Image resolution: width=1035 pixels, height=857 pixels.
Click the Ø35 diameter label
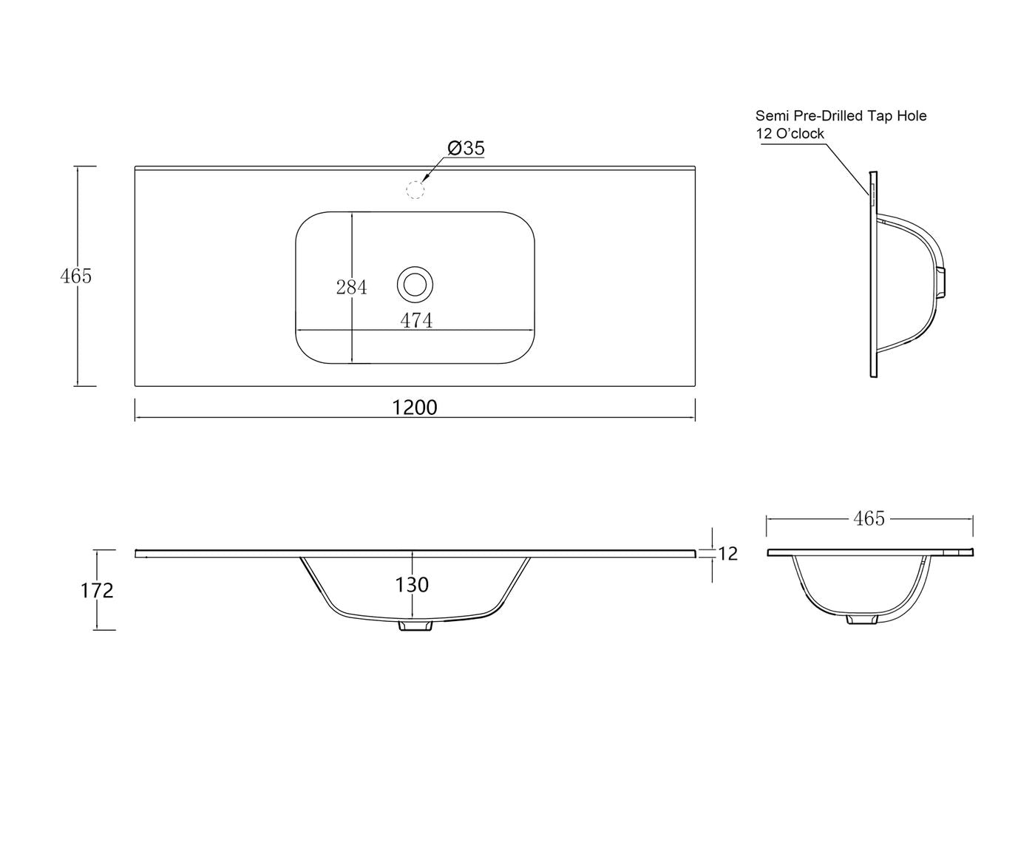click(x=466, y=148)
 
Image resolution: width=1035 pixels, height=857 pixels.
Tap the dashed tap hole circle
click(x=415, y=190)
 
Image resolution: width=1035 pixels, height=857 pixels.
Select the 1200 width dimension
click(x=415, y=407)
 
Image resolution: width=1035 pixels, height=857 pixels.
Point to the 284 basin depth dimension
click(x=351, y=287)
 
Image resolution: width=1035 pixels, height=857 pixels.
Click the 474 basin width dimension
click(x=416, y=320)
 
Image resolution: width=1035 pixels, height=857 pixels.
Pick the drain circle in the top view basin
click(x=415, y=285)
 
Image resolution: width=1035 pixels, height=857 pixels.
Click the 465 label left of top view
click(x=76, y=276)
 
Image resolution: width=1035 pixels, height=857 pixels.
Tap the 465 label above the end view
click(x=869, y=519)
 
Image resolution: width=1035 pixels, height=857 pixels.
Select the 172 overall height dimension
click(x=97, y=590)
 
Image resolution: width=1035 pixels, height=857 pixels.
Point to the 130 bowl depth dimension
click(x=412, y=585)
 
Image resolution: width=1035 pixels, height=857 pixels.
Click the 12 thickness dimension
click(x=727, y=554)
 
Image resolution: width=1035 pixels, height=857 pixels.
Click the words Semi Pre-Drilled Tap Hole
click(x=841, y=116)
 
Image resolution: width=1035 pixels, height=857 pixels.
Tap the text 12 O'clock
click(x=790, y=133)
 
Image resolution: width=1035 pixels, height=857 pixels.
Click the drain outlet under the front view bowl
click(x=415, y=626)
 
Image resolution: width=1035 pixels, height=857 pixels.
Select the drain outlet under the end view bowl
click(x=862, y=619)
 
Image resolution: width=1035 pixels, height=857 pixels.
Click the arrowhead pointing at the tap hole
click(x=426, y=176)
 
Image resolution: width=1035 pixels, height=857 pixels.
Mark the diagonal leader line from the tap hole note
click(x=848, y=169)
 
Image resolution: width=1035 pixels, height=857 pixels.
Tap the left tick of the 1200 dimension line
click(x=135, y=410)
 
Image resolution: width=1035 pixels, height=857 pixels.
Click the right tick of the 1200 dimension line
click(x=695, y=410)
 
